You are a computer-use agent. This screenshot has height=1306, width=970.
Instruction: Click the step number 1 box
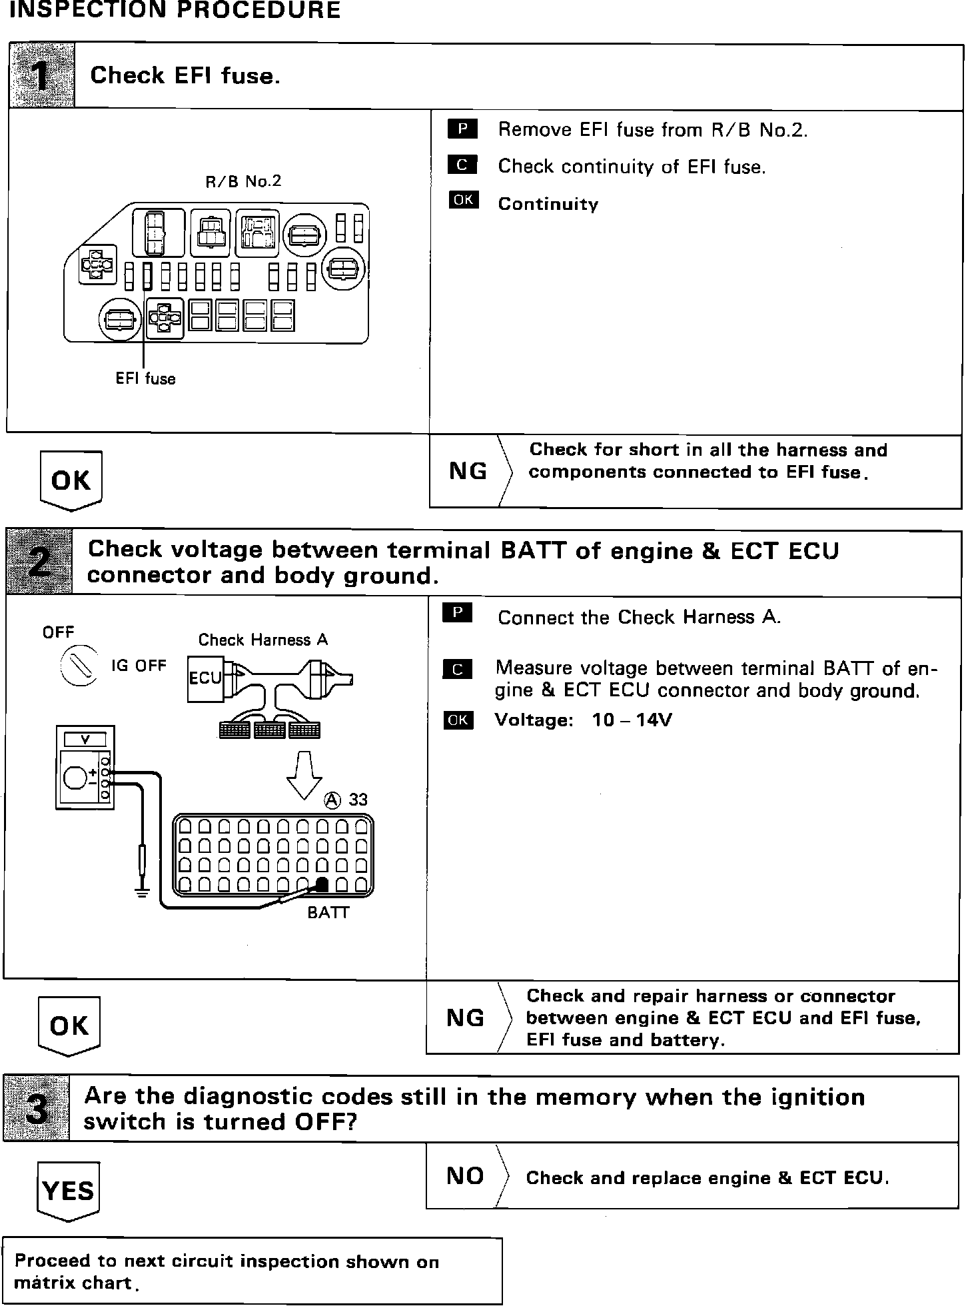tap(41, 76)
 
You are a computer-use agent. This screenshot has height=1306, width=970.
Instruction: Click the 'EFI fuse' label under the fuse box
tap(145, 379)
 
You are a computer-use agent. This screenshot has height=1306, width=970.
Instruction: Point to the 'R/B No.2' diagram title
tap(243, 181)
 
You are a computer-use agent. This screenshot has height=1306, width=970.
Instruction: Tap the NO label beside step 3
tap(465, 1176)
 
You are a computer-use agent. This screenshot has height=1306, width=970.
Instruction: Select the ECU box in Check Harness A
tap(205, 678)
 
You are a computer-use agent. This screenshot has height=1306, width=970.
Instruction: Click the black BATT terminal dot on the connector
tap(322, 884)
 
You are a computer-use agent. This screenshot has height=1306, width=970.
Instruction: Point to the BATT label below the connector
tap(328, 913)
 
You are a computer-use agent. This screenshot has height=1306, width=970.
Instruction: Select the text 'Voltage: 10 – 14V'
tap(583, 720)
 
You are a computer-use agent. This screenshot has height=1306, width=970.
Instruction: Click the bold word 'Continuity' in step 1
tap(548, 204)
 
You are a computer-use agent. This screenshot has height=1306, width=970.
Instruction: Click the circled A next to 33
tap(332, 800)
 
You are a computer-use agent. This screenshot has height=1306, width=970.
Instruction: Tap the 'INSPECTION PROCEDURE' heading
tap(171, 10)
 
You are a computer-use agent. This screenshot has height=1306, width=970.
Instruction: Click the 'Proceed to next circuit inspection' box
tap(252, 1271)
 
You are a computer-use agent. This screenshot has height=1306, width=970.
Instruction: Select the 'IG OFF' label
tap(139, 666)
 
